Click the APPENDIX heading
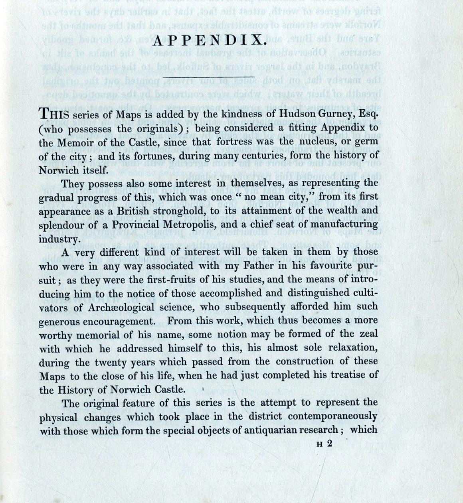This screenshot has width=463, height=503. click(209, 41)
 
